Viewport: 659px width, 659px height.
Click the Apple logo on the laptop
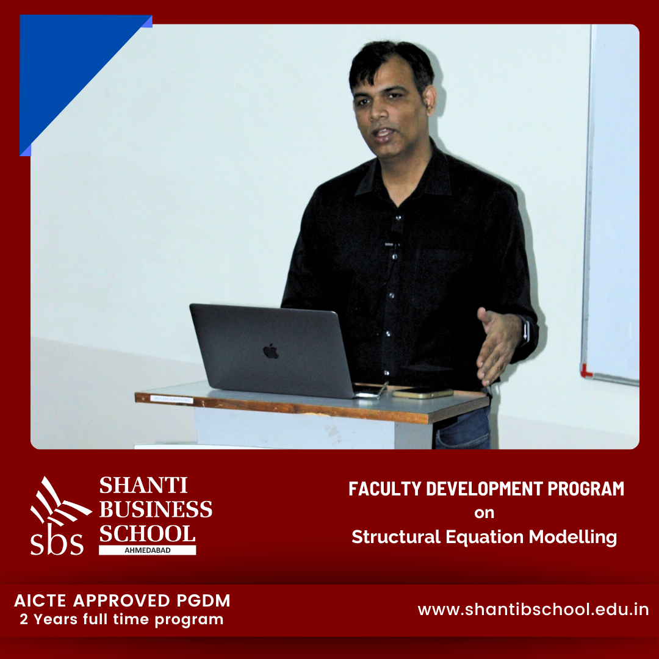(x=271, y=351)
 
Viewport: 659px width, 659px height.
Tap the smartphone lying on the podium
(x=422, y=394)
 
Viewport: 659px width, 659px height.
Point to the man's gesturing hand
(x=497, y=345)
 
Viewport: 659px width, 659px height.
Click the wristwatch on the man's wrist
(x=525, y=329)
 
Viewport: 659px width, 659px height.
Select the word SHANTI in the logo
(x=143, y=486)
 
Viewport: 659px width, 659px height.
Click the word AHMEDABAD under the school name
(x=148, y=550)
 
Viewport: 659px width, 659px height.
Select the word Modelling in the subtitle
(x=572, y=538)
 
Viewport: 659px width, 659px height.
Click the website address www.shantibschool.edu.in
(x=533, y=610)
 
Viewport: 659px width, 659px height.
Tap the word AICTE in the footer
(x=40, y=601)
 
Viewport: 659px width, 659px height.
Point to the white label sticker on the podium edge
(x=172, y=400)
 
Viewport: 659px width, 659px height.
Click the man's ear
(x=430, y=99)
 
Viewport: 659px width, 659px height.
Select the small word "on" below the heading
(x=484, y=513)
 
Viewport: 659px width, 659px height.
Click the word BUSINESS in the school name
(x=156, y=510)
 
